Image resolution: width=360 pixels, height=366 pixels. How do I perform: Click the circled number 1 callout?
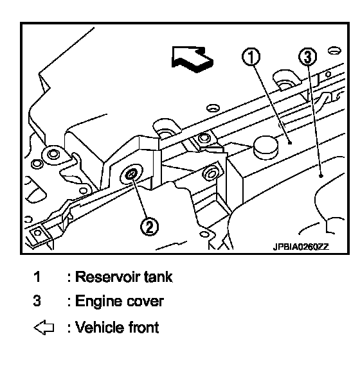(251, 57)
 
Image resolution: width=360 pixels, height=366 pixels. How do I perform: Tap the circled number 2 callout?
(149, 227)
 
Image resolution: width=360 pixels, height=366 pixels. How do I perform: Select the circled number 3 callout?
(308, 57)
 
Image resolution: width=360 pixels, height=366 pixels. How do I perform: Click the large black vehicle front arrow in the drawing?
(192, 59)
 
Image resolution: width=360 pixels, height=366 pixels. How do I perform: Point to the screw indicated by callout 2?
(131, 175)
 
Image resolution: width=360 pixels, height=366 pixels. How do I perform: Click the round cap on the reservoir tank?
(265, 148)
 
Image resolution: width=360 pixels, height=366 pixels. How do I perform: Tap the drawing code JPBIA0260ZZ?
(301, 247)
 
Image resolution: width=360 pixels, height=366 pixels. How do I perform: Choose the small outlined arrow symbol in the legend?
(44, 327)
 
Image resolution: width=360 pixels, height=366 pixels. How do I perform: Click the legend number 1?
(37, 277)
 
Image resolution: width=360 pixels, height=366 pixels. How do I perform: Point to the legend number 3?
(37, 301)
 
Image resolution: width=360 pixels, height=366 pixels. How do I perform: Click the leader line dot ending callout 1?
(290, 143)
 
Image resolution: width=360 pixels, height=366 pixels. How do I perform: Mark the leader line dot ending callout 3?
(321, 176)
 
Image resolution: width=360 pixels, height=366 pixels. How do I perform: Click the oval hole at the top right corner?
(334, 51)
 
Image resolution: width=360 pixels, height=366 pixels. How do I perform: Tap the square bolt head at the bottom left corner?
(37, 233)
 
